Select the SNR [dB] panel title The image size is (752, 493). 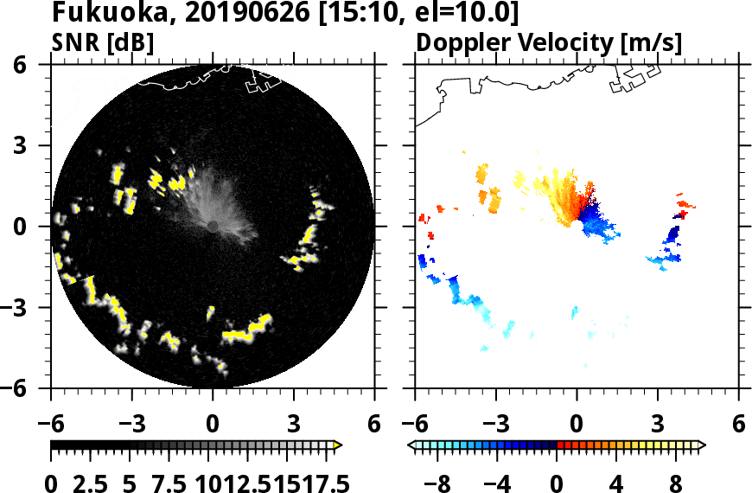coord(103,42)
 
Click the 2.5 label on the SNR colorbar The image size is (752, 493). coord(91,483)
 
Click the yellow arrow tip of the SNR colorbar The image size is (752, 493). coord(338,445)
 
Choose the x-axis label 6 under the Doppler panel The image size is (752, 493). coord(738,425)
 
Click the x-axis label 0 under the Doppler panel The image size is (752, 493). coord(577,425)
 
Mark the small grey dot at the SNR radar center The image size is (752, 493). coord(213,226)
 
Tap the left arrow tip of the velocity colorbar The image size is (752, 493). coord(411,445)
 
